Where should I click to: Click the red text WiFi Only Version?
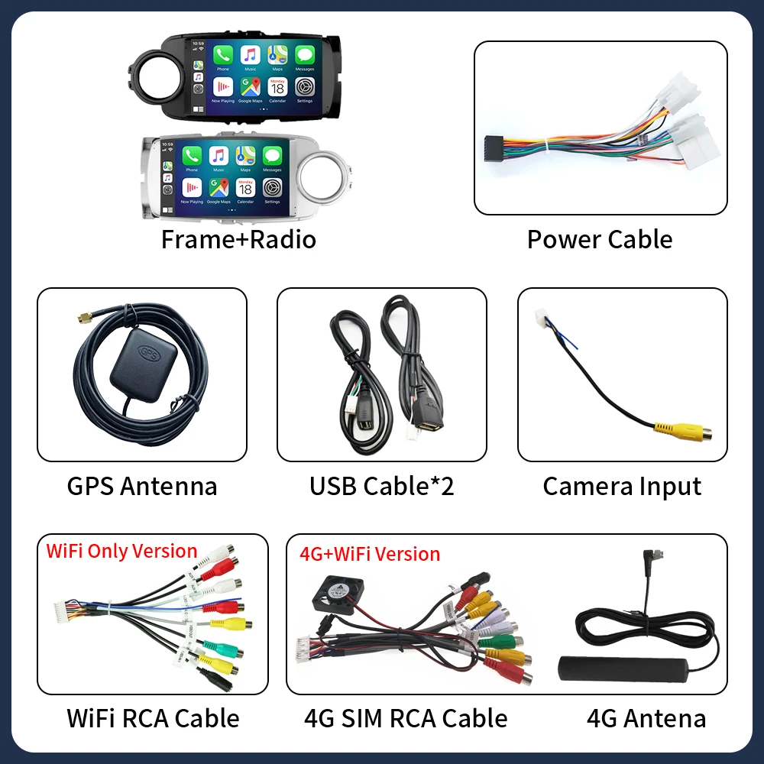click(x=122, y=551)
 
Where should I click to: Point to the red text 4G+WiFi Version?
click(x=370, y=554)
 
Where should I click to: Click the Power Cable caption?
click(x=600, y=239)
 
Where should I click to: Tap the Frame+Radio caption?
click(x=238, y=239)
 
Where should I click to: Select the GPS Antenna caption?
click(x=142, y=486)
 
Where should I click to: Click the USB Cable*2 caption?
click(x=381, y=486)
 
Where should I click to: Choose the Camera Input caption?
click(x=622, y=486)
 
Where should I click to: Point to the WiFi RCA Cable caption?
click(x=153, y=718)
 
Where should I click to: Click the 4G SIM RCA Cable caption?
click(x=406, y=718)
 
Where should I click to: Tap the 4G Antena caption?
click(x=646, y=718)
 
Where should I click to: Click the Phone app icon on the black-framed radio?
click(x=223, y=55)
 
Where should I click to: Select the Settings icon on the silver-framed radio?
click(x=272, y=187)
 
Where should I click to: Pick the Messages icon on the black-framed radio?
click(x=304, y=55)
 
